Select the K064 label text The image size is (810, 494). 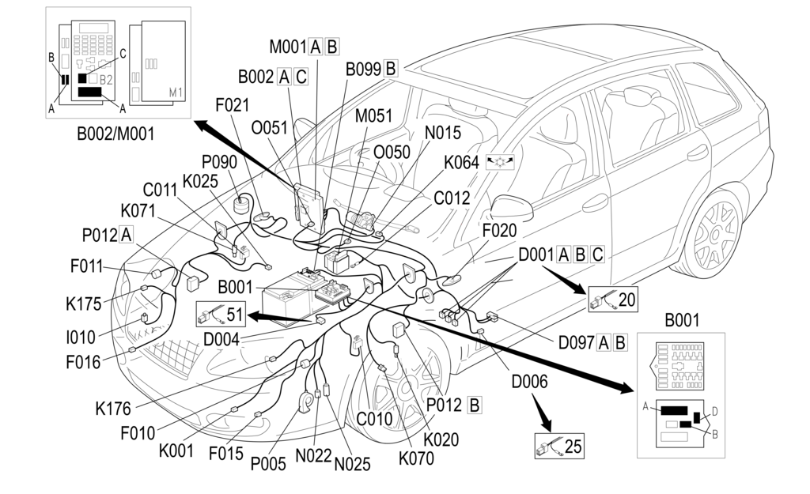[461, 162]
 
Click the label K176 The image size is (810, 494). [113, 409]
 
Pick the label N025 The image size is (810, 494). [352, 464]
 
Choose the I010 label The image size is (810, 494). [80, 338]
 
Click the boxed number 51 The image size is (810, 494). [233, 314]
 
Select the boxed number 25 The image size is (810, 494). [573, 446]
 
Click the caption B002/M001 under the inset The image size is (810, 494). [115, 134]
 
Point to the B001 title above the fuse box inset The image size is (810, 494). [682, 322]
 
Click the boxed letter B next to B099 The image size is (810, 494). [391, 68]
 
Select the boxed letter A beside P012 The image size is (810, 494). [126, 234]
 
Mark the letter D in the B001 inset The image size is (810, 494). [714, 411]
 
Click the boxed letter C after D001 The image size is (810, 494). [598, 255]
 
